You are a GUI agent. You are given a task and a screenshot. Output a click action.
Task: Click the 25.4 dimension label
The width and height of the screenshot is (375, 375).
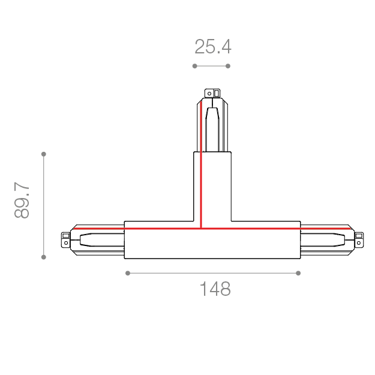click(x=213, y=47)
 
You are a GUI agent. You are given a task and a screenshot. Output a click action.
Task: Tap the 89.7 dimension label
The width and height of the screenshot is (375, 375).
click(x=22, y=200)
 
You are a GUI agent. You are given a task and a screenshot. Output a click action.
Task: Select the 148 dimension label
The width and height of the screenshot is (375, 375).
click(x=215, y=289)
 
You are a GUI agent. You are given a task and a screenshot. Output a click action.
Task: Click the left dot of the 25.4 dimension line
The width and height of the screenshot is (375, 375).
click(x=194, y=66)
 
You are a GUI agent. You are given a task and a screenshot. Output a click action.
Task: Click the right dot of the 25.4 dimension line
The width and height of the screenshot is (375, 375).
click(x=228, y=66)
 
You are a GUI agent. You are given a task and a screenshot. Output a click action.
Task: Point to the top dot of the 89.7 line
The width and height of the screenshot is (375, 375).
click(x=44, y=154)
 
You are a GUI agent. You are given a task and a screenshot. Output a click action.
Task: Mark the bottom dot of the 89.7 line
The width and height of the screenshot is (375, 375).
click(x=44, y=257)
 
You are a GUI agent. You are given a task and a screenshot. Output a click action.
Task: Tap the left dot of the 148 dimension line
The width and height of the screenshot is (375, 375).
click(x=128, y=273)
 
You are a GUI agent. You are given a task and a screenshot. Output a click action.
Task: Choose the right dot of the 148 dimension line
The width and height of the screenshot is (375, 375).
click(x=298, y=273)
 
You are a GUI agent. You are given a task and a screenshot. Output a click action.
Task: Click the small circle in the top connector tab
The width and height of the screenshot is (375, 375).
click(x=209, y=94)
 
